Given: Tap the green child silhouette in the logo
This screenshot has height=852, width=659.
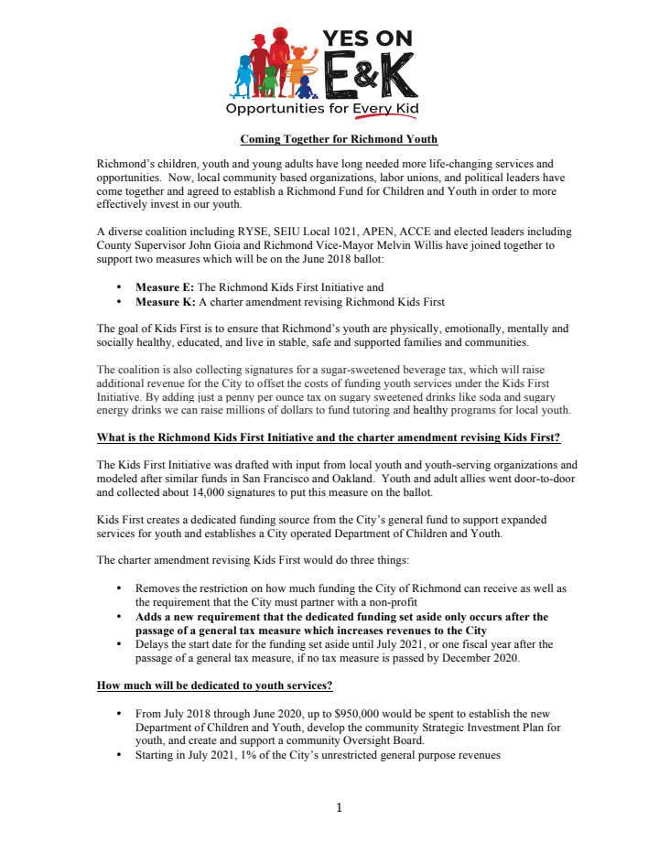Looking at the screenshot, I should [x=269, y=81].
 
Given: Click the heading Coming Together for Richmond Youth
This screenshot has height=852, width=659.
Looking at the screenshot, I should [x=339, y=139].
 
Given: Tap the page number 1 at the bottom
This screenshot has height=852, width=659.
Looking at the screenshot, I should [x=339, y=807].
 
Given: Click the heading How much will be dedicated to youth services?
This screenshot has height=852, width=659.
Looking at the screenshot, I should [x=215, y=685].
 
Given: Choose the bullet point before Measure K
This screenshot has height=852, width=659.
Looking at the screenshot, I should [x=120, y=301].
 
